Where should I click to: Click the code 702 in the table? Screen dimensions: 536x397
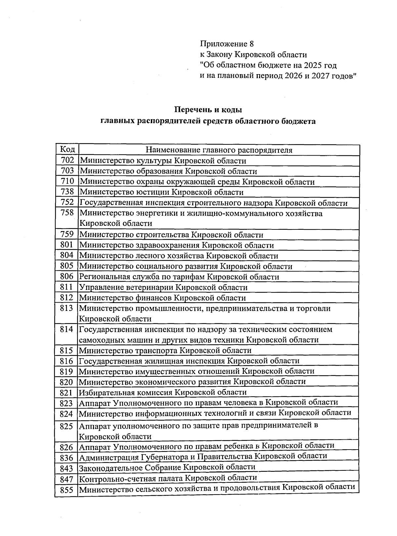pos(67,161)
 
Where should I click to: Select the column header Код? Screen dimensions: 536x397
pos(67,150)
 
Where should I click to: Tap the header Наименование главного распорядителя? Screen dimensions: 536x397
pos(219,150)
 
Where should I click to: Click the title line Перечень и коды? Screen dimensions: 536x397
pos(208,109)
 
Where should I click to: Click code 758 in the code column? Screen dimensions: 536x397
pos(67,213)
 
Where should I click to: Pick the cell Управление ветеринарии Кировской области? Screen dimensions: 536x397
pos(163,287)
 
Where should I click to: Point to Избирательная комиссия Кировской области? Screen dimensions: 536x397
pos(162,392)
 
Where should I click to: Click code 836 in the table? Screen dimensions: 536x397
pos(66,458)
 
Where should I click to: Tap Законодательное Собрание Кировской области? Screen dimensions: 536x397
pos(167,467)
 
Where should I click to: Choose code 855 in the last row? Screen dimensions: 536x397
pos(66,490)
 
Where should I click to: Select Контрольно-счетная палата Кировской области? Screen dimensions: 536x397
pos(168,478)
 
